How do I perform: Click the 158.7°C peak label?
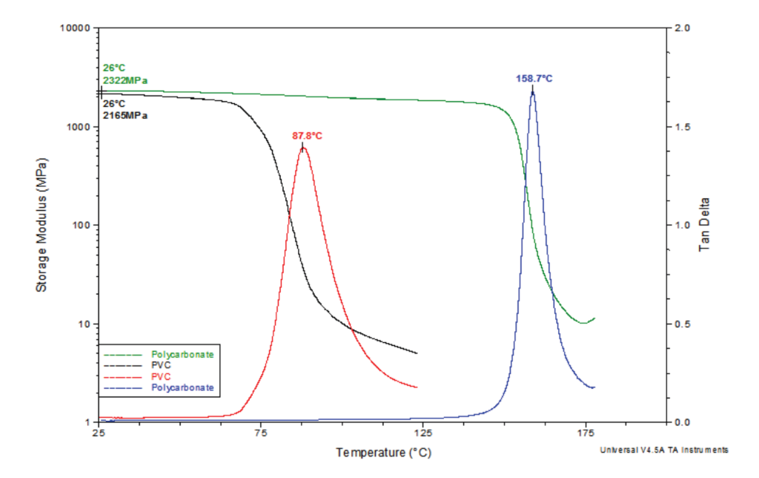click(534, 78)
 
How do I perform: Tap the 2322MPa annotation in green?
click(119, 80)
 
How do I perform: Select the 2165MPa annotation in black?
click(124, 115)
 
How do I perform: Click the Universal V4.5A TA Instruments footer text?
click(664, 450)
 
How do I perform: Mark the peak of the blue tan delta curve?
click(532, 89)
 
